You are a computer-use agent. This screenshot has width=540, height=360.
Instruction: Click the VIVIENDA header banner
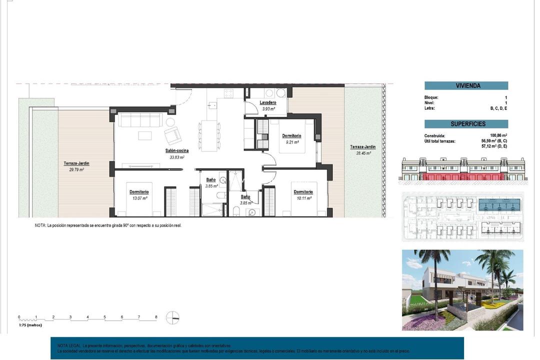click(x=466, y=85)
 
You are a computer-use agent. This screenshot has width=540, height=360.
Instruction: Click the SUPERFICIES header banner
click(x=466, y=124)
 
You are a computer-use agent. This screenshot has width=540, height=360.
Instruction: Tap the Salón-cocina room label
click(x=177, y=150)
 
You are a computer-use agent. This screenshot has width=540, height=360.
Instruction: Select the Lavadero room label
click(x=268, y=102)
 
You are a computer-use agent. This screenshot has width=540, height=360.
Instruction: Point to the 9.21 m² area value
click(x=291, y=142)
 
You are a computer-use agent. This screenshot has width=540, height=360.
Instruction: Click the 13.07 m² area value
click(x=139, y=198)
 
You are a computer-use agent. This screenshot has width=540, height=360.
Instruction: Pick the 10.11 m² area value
click(x=303, y=198)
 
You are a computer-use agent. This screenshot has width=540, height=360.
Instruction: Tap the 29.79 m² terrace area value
click(x=76, y=169)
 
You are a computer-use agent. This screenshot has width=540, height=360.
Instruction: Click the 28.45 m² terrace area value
click(x=362, y=153)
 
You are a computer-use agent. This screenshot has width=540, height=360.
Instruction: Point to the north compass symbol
click(x=172, y=317)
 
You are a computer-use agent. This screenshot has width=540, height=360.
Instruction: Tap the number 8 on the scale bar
click(x=156, y=317)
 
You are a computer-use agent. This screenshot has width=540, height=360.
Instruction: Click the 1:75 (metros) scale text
click(x=30, y=325)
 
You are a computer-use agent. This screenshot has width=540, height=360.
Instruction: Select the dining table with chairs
click(x=209, y=135)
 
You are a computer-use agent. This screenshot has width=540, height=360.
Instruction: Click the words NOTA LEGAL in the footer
click(x=69, y=345)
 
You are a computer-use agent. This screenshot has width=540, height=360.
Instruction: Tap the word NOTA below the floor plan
click(x=40, y=225)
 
